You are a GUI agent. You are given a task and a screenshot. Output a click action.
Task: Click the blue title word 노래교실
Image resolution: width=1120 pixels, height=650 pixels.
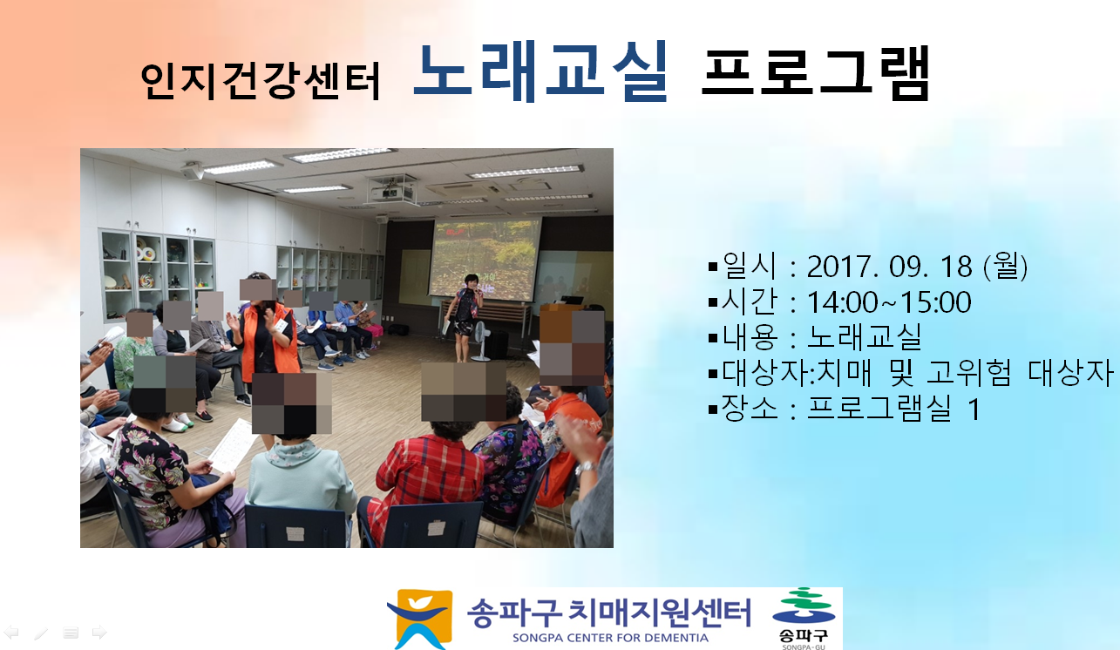[x=541, y=71]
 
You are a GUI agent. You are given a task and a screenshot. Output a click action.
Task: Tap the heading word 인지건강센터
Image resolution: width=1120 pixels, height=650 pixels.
[x=261, y=81]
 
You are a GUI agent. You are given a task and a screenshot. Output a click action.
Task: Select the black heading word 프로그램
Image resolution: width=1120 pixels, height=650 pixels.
[x=816, y=72]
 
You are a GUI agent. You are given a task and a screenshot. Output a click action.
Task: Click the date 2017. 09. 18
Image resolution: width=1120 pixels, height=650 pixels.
[x=890, y=267]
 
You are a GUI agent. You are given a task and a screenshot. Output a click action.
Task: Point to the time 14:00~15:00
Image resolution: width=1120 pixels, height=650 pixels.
[x=889, y=302]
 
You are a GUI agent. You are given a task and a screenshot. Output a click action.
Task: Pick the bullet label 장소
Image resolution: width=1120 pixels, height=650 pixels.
[x=750, y=409]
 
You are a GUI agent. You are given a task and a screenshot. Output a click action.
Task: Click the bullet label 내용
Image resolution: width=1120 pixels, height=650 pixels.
[x=750, y=337]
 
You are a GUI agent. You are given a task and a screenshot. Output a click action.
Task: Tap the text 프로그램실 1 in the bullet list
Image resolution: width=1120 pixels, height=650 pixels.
[x=893, y=409]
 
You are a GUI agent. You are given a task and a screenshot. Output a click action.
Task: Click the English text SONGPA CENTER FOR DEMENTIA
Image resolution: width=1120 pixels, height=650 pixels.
[x=610, y=638]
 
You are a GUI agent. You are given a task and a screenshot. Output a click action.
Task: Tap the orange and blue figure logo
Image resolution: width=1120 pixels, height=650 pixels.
[x=420, y=619]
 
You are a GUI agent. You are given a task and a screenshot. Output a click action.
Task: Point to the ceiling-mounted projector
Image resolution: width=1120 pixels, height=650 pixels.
[x=392, y=190]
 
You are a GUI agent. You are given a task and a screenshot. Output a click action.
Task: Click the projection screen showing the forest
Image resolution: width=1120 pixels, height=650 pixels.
[x=484, y=259]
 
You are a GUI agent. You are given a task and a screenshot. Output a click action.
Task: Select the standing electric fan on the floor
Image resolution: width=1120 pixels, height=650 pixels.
[x=480, y=341]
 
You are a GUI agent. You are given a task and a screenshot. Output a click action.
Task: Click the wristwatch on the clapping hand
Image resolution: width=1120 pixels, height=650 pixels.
[x=585, y=468]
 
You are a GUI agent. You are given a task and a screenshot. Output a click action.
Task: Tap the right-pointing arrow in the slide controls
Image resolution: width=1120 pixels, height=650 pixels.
[x=99, y=632]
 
